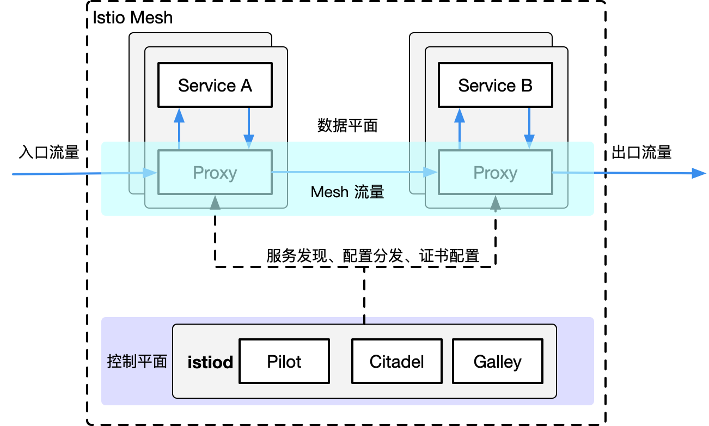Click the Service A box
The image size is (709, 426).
pyautogui.click(x=215, y=86)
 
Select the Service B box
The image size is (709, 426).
pyautogui.click(x=495, y=86)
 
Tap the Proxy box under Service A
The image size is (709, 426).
pyautogui.click(x=215, y=173)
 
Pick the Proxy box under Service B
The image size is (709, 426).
pyautogui.click(x=495, y=173)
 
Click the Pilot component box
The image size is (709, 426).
pyautogui.click(x=284, y=362)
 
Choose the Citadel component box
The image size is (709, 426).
pyautogui.click(x=396, y=362)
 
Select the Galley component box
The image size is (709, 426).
pyautogui.click(x=497, y=362)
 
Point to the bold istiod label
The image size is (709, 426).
pyautogui.click(x=210, y=362)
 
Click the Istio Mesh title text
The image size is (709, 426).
pyautogui.click(x=132, y=17)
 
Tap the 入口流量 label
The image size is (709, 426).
pyautogui.click(x=49, y=153)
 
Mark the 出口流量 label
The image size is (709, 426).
pyautogui.click(x=641, y=153)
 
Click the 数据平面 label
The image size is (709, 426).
pyautogui.click(x=347, y=126)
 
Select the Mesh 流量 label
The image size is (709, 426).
pyautogui.click(x=347, y=192)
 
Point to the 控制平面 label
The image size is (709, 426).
pyautogui.click(x=137, y=362)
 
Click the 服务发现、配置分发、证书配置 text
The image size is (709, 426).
pyautogui.click(x=372, y=256)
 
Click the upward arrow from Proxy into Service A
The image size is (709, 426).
pyautogui.click(x=179, y=129)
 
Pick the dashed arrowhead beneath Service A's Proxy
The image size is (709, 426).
pyautogui.click(x=215, y=202)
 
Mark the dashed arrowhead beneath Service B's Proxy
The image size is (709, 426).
pyautogui.click(x=495, y=202)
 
